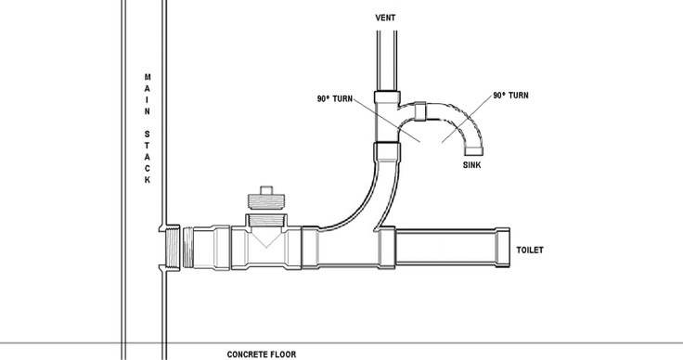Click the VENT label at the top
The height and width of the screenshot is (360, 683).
point(386,17)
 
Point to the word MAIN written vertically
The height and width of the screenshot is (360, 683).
point(146,94)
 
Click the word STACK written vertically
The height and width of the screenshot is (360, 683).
point(146,159)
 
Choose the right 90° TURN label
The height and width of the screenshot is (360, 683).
point(511,95)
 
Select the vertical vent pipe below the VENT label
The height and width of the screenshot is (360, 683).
point(386,56)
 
